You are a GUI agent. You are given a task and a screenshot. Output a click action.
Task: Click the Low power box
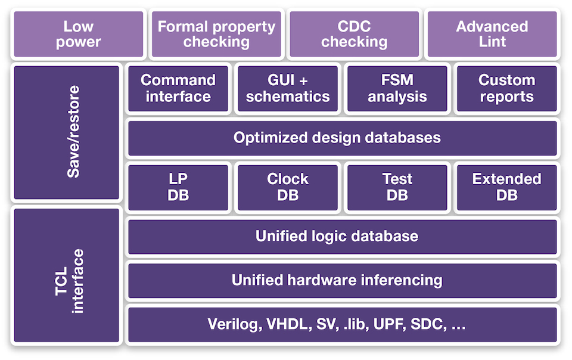point(79,34)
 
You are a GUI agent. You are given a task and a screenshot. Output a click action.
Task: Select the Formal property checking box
point(216,34)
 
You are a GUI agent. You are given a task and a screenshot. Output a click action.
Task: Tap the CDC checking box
point(354,34)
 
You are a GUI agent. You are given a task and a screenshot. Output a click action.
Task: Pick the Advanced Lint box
point(492,34)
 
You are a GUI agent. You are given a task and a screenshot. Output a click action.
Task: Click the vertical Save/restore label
point(73,132)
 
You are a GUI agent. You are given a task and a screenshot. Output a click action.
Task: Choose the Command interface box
point(178,88)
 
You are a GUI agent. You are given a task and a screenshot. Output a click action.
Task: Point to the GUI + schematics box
point(287,88)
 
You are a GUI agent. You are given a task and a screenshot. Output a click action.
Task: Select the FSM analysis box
point(397,88)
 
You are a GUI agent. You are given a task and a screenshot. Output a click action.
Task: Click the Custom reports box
point(506,88)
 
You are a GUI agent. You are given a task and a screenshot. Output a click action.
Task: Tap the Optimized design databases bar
point(343,138)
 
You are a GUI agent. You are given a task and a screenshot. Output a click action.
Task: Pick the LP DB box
point(178,188)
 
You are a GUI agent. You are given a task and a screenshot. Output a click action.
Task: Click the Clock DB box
point(287,188)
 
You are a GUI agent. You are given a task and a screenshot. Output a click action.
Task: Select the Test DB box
point(397,188)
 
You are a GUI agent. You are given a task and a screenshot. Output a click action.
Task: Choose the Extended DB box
point(506,188)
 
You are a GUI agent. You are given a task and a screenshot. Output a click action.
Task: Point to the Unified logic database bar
point(343,237)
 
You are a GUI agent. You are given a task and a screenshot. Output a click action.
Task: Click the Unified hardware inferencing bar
point(343,281)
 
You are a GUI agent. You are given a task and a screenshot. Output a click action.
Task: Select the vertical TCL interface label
point(69,281)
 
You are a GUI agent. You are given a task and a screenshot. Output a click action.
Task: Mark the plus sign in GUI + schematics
point(303,80)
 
